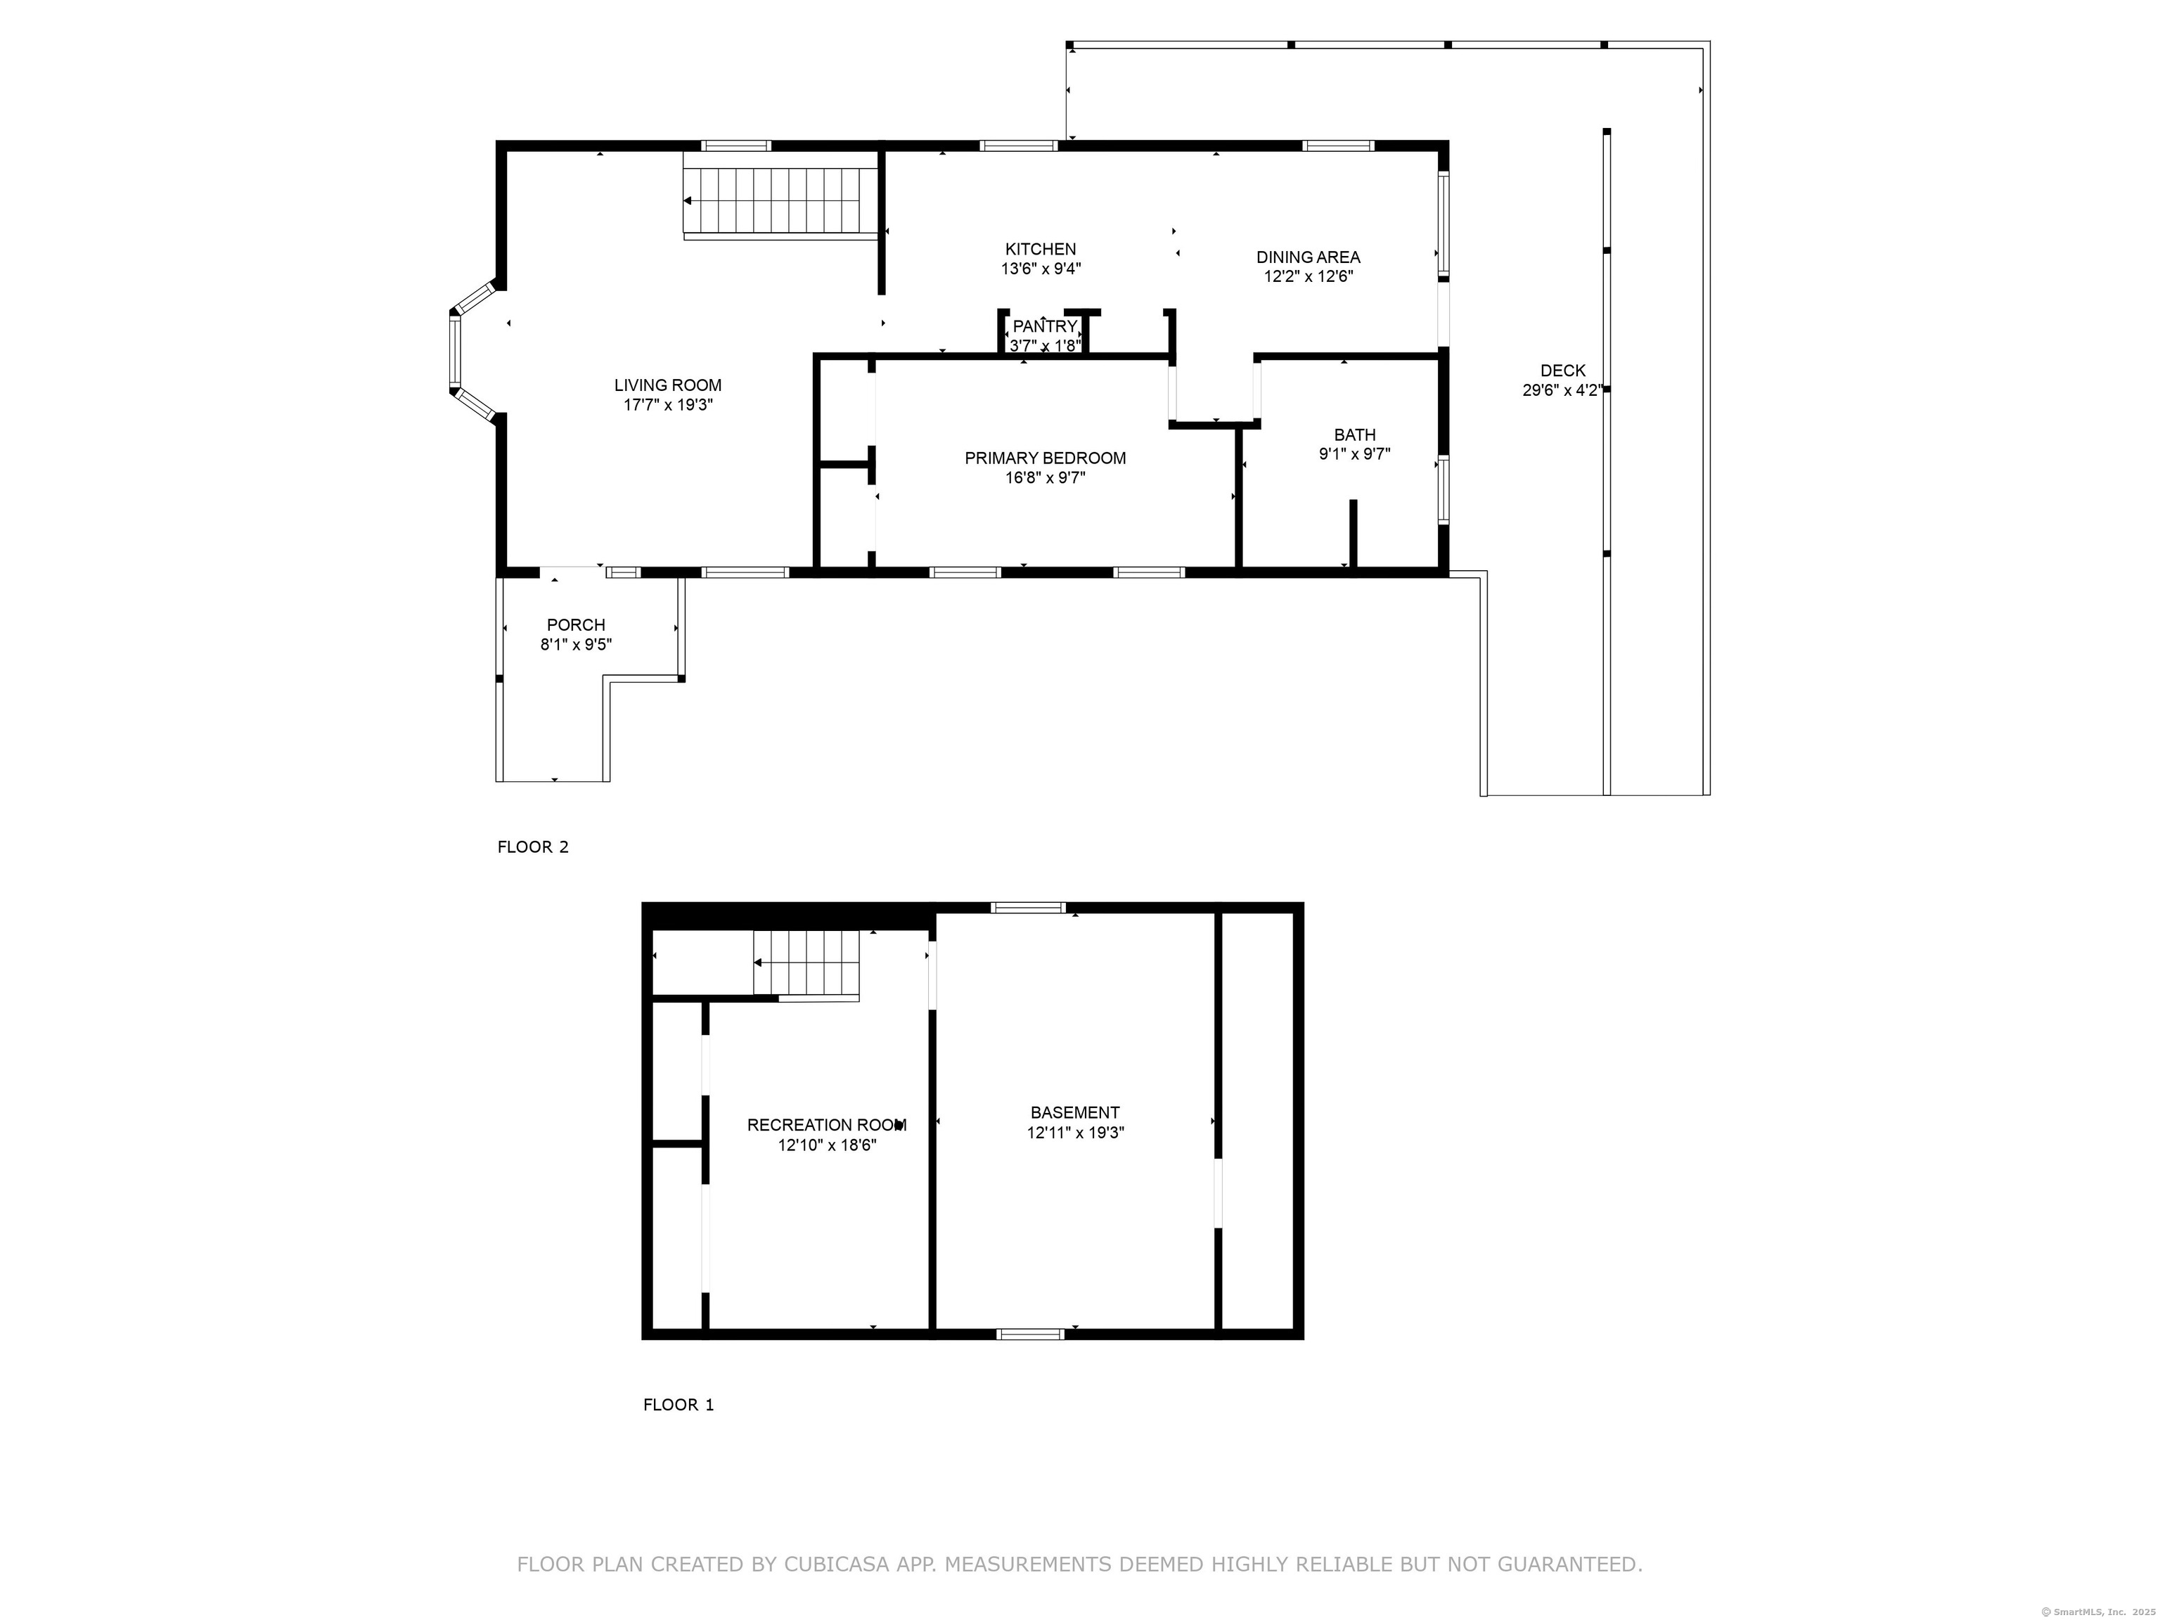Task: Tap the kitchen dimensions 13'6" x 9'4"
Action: [x=1041, y=269]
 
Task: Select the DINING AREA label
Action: [x=1308, y=257]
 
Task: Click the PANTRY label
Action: [x=1044, y=326]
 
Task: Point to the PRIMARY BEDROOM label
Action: [x=1045, y=458]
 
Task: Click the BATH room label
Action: [x=1354, y=435]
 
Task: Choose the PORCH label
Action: [x=575, y=625]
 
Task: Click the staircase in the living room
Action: [x=780, y=201]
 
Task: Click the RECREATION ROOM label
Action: [x=826, y=1125]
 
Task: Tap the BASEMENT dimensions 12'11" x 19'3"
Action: [x=1075, y=1133]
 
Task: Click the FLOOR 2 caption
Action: [x=532, y=847]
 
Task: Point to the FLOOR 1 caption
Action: [x=678, y=1404]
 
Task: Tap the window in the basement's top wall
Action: [x=1028, y=907]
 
